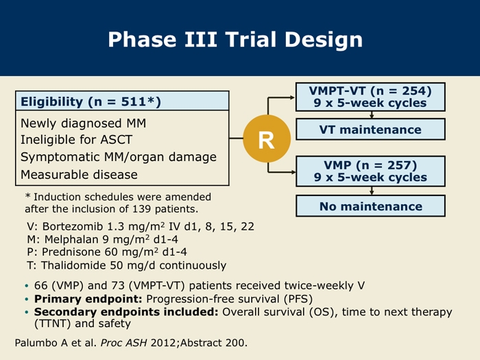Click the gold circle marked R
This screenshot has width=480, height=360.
pos(267,139)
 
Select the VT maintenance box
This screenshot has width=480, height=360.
pos(370,129)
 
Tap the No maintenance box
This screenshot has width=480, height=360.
pos(370,206)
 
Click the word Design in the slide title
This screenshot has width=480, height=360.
pos(324,40)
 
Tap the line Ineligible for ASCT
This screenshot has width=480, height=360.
pos(76,140)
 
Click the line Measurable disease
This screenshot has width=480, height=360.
pos(79,174)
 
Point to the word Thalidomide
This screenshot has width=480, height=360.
pos(73,265)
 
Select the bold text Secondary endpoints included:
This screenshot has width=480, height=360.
pos(126,312)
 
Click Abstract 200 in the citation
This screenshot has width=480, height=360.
pos(213,343)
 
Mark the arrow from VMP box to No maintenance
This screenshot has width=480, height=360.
pos(372,191)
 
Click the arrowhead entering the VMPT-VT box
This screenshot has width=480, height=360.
pos(292,97)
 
